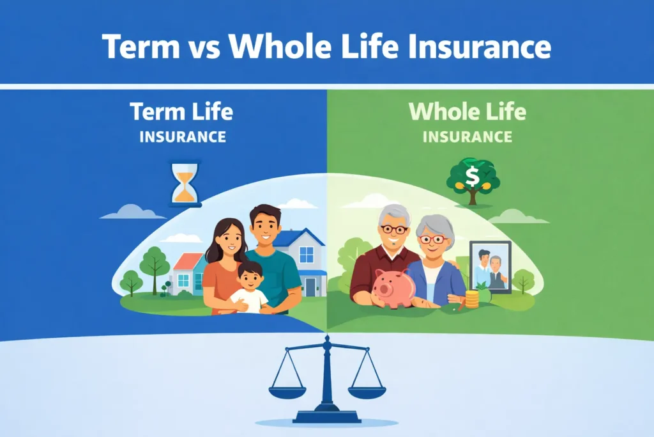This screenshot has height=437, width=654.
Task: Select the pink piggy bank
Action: (394, 287)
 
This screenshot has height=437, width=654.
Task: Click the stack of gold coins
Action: (472, 299)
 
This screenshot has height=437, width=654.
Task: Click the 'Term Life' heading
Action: (181, 112)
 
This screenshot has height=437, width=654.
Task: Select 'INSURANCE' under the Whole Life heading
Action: (467, 137)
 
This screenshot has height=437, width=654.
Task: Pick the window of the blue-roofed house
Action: (307, 255)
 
